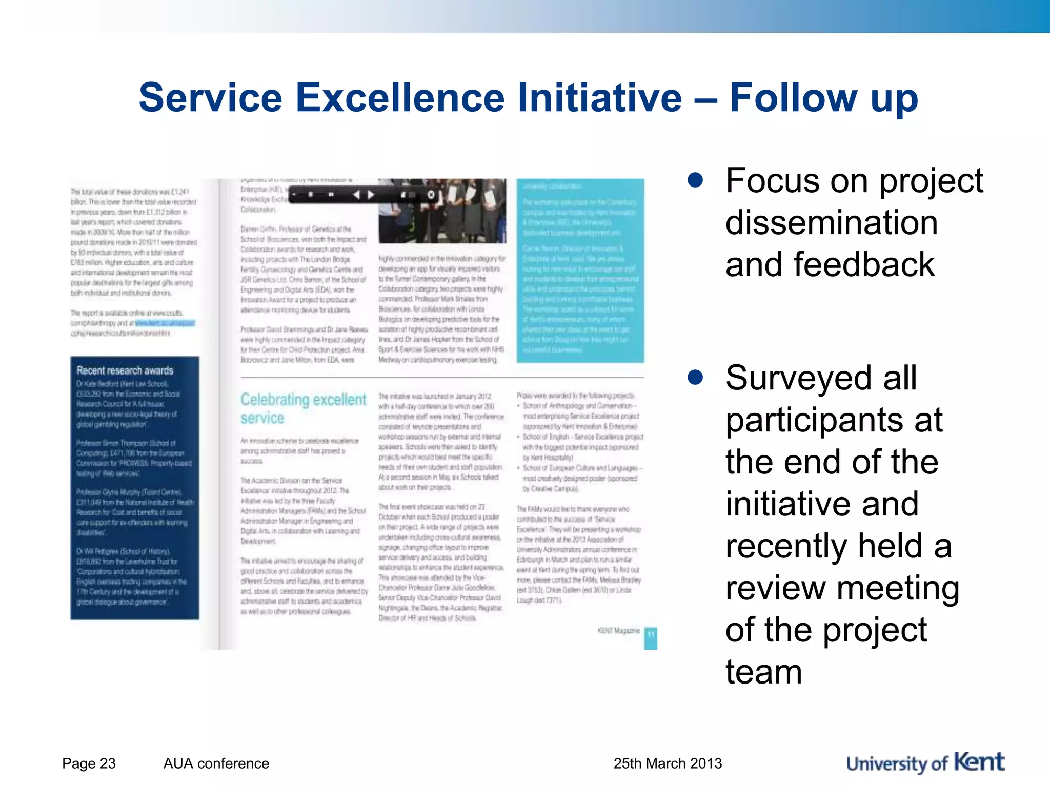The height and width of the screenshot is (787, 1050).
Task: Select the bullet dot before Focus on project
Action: tap(695, 180)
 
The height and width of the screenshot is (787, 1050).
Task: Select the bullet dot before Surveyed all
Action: tap(695, 377)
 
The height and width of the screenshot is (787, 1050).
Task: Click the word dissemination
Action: tap(832, 223)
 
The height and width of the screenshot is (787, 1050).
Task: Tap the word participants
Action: tap(834, 420)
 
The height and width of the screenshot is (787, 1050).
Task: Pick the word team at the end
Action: tap(763, 672)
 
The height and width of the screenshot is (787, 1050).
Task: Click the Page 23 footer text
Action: tap(89, 763)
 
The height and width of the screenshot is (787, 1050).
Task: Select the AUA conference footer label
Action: tap(216, 763)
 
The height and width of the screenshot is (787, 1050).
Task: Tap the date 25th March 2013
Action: tap(668, 763)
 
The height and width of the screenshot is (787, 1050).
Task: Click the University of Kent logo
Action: tap(925, 762)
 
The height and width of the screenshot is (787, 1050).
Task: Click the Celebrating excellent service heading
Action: tap(303, 408)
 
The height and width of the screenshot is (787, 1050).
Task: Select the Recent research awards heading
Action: tap(125, 370)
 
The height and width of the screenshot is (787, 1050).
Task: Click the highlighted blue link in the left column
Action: tap(165, 323)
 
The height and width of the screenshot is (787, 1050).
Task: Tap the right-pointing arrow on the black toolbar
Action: tap(371, 195)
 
